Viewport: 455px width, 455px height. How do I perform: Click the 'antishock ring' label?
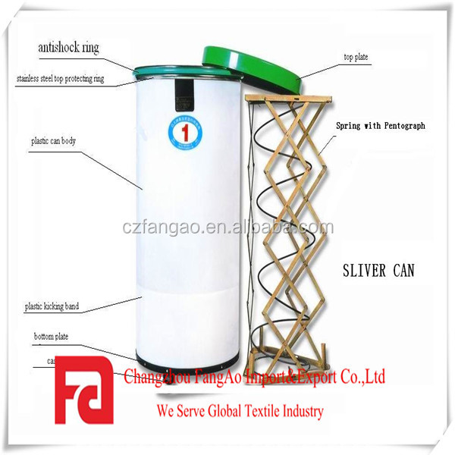point(68,48)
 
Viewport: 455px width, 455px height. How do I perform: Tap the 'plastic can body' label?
point(53,141)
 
